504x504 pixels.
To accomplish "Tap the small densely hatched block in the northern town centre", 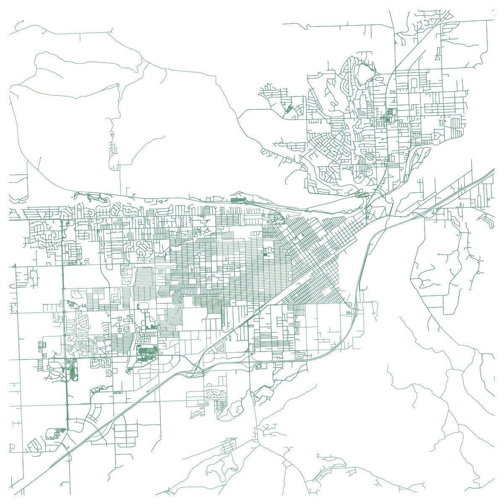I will pyautogui.click(x=391, y=112).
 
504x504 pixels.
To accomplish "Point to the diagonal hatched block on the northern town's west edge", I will pyautogui.click(x=289, y=108).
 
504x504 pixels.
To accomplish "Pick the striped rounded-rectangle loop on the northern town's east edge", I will pyautogui.click(x=455, y=126).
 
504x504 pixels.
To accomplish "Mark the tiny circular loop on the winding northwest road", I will pyautogui.click(x=112, y=134).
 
